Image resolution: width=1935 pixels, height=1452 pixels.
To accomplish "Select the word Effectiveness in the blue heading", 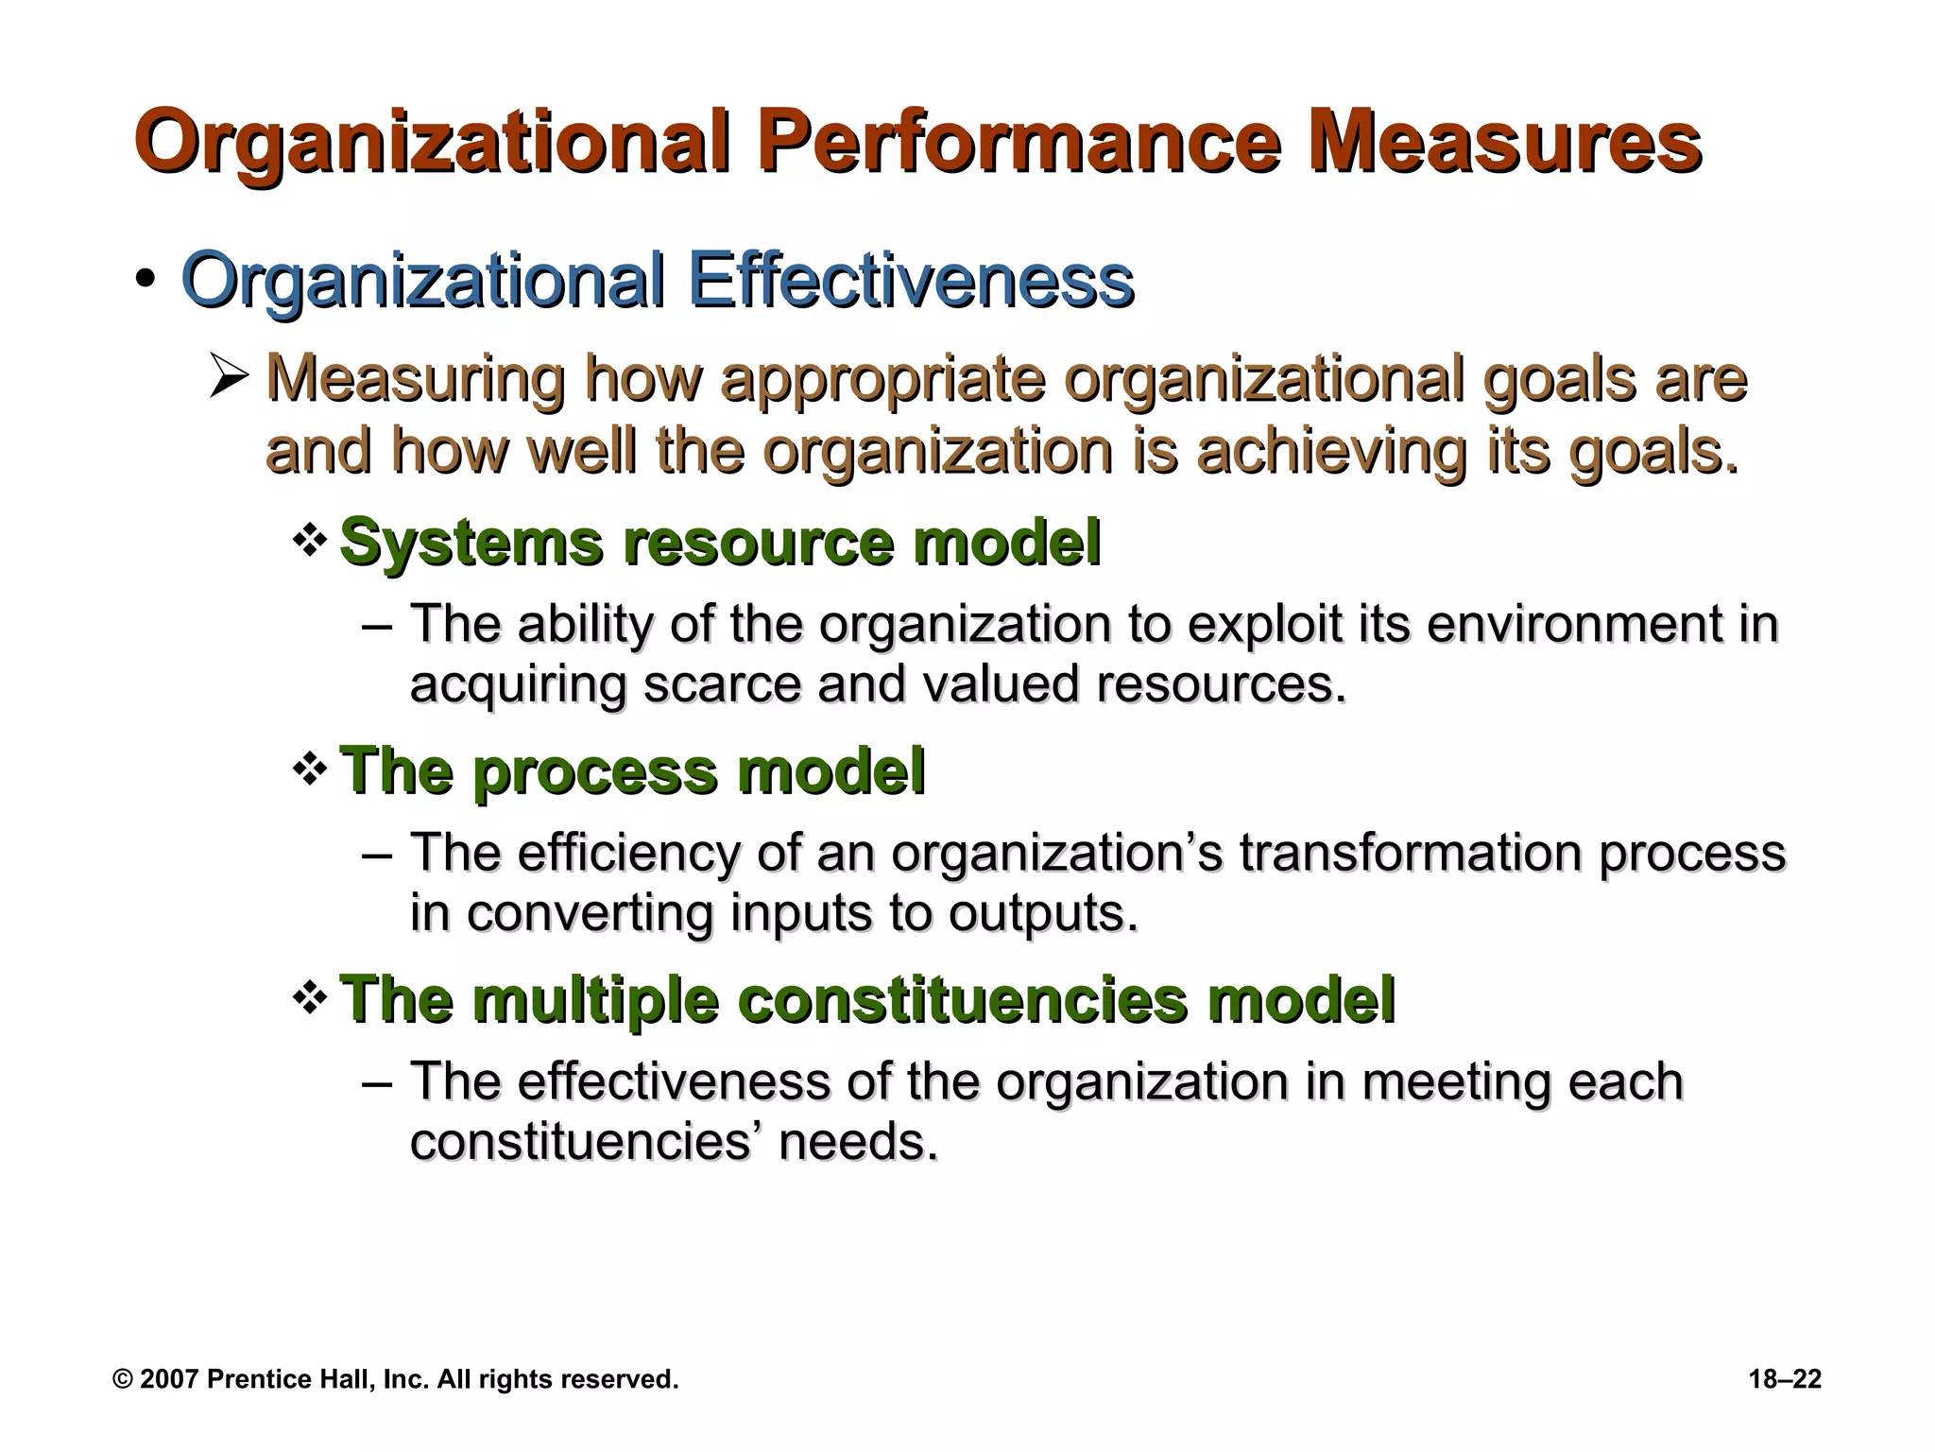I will point(911,281).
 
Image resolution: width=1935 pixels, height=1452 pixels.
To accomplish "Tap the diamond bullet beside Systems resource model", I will point(309,541).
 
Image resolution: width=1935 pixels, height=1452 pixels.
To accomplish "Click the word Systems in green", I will point(471,543).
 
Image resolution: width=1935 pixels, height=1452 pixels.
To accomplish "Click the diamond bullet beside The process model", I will point(309,769).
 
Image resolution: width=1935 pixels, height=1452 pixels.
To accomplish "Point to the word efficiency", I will point(628,853).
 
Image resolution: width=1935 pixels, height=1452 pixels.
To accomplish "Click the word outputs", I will point(1042,913).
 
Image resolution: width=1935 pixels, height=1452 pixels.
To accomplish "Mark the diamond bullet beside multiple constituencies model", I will point(309,998).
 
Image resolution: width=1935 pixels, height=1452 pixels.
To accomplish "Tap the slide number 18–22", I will point(1785,1379).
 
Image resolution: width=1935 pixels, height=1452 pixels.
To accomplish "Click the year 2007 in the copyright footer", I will point(169,1379).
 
